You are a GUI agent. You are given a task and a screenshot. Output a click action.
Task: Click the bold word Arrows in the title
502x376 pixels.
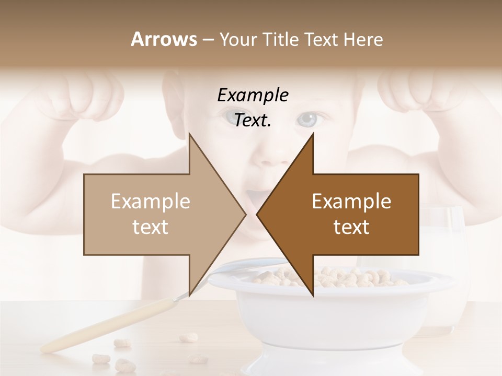click(x=163, y=39)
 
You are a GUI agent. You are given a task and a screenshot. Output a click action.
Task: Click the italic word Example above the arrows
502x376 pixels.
click(x=253, y=95)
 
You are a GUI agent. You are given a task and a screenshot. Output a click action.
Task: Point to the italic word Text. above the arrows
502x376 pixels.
click(x=253, y=121)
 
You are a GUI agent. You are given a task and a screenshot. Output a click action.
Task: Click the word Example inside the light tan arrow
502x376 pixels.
click(x=151, y=202)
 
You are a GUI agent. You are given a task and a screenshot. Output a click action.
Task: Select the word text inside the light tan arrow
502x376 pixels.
click(x=151, y=227)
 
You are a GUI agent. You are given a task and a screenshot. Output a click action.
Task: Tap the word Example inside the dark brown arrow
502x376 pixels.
click(x=351, y=202)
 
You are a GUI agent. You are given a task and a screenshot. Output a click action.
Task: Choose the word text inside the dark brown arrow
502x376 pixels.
click(x=351, y=227)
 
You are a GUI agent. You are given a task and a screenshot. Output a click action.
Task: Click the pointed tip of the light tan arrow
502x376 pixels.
click(x=245, y=214)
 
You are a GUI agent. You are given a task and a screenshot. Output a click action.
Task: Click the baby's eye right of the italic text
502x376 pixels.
click(x=307, y=120)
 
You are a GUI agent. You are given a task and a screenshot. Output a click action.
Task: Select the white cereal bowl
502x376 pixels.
click(x=335, y=313)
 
